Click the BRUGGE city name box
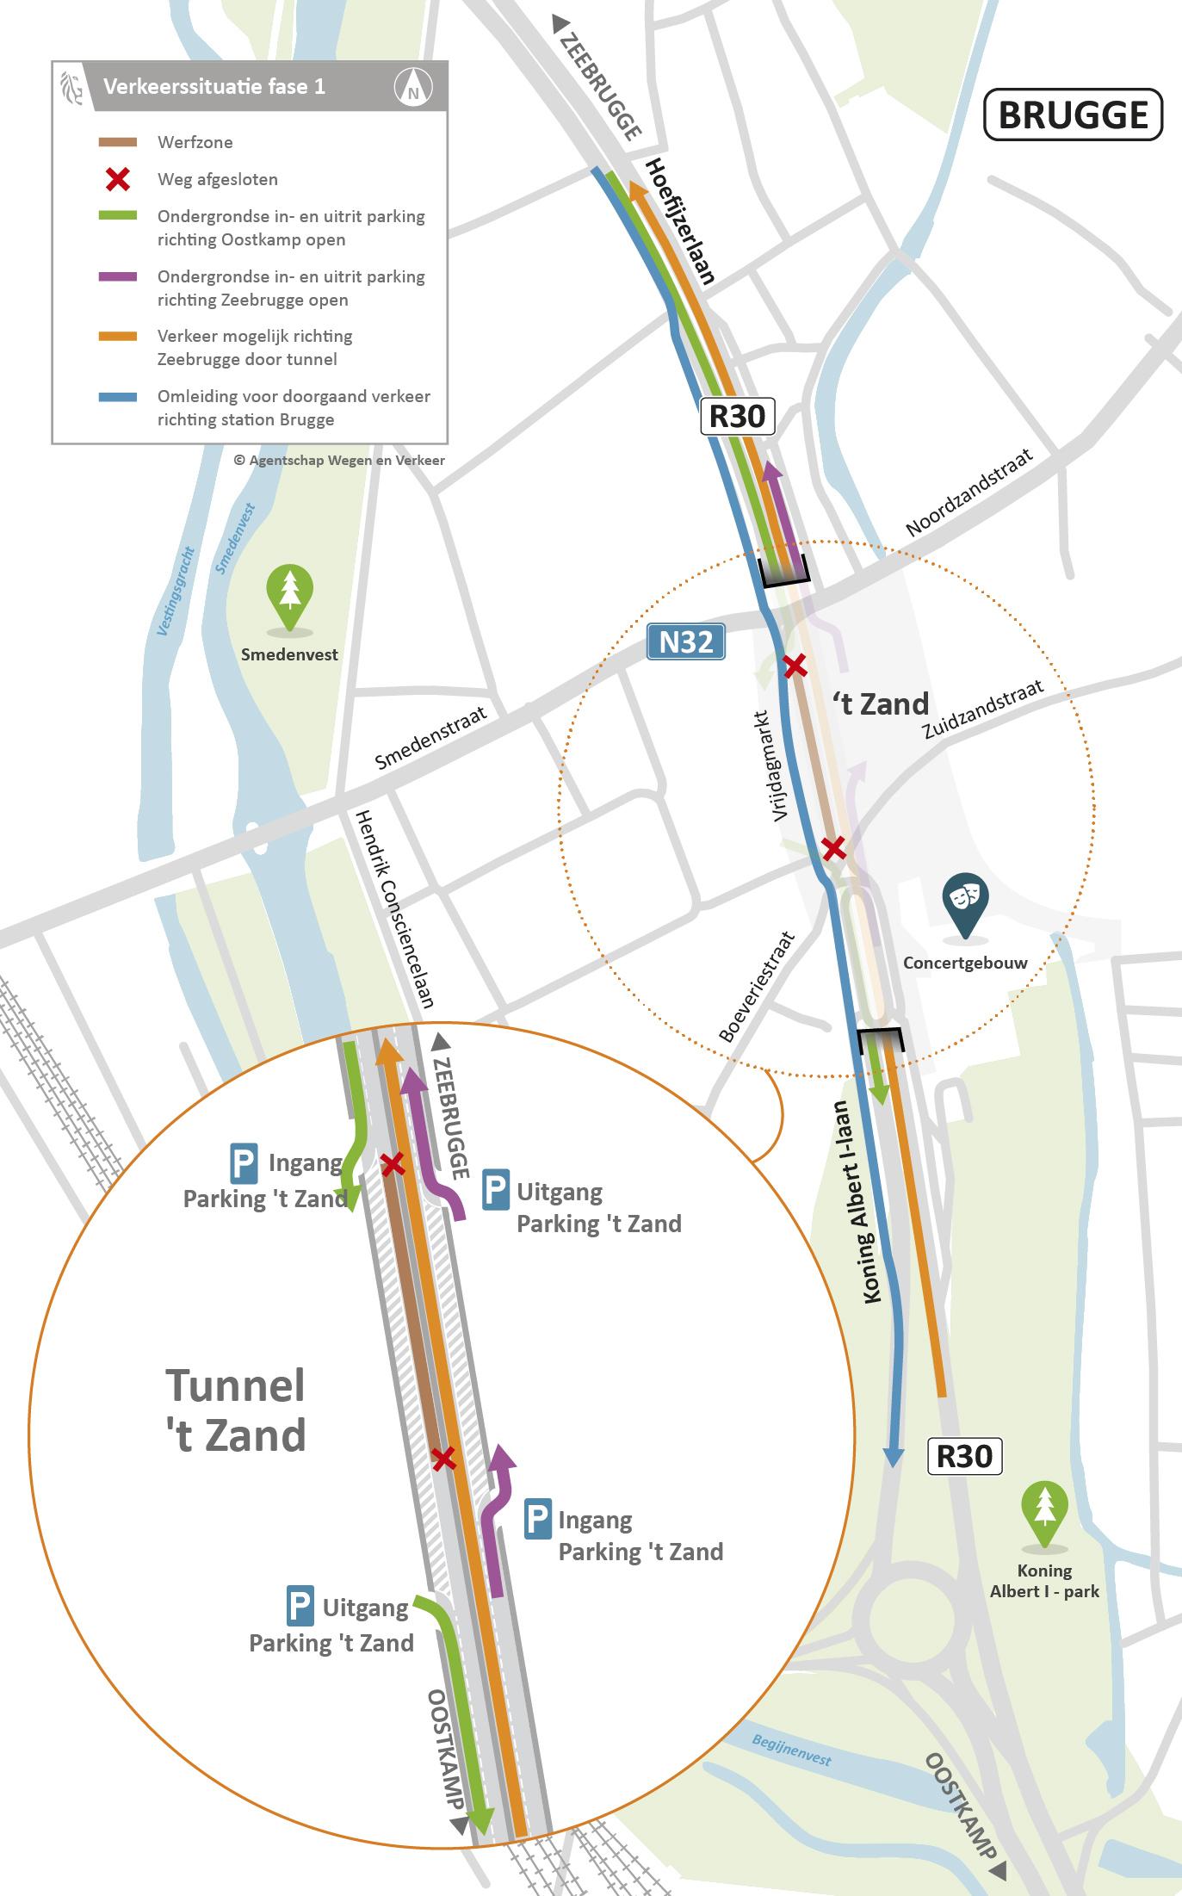[x=1073, y=115]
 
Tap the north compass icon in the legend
[x=413, y=87]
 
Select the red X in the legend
[x=117, y=180]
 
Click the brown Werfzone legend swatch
[x=117, y=142]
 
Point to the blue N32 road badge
[x=686, y=642]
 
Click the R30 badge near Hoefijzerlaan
[x=738, y=416]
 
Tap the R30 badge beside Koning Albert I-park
[x=964, y=1456]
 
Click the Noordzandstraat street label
[x=969, y=493]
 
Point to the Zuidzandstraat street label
[x=983, y=709]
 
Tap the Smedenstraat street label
[x=431, y=738]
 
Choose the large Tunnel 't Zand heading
[x=235, y=1410]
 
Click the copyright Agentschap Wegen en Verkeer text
[x=339, y=461]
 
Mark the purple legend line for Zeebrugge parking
[x=117, y=277]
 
